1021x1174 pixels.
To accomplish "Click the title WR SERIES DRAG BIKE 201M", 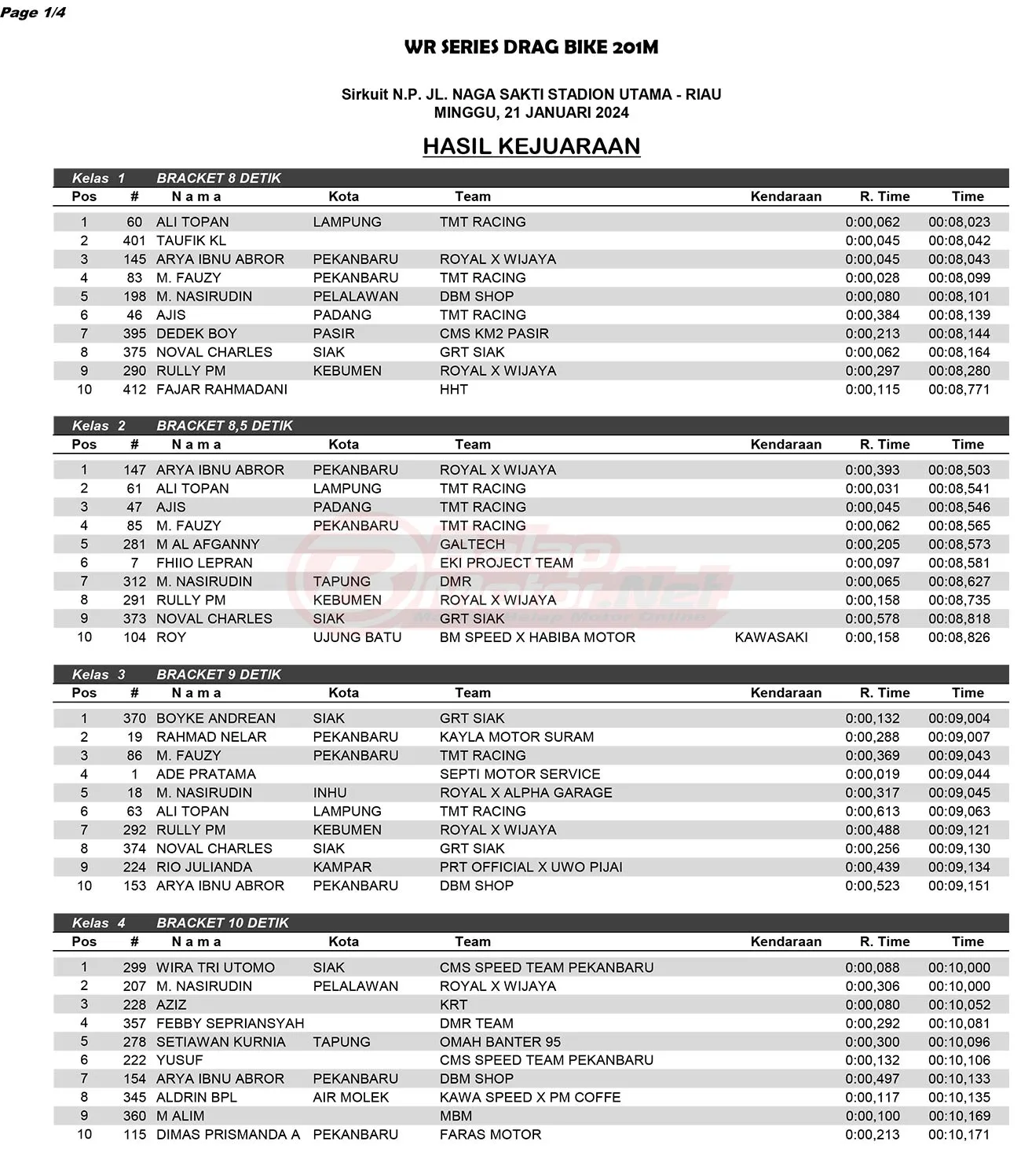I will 531,47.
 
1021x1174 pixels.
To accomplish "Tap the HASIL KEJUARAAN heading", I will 531,146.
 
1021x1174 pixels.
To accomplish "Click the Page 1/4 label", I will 33,13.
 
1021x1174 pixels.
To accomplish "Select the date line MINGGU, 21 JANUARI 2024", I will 531,112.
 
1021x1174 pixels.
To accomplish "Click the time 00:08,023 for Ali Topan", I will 959,222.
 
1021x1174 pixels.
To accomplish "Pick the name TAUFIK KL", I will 191,240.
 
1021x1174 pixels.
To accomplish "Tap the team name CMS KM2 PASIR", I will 494,334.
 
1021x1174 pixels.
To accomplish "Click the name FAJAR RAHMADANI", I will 221,390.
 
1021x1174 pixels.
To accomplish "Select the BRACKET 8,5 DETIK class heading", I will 224,426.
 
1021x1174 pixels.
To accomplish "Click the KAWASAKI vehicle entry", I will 770,637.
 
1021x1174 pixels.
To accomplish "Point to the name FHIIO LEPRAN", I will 204,563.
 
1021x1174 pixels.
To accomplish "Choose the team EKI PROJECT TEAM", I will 506,563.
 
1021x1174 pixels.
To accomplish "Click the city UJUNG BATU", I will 357,637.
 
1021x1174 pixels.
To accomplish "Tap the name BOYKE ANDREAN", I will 216,718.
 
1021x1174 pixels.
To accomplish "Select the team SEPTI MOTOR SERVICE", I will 519,774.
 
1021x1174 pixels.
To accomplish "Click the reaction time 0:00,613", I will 873,812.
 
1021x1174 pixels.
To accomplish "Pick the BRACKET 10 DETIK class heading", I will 222,923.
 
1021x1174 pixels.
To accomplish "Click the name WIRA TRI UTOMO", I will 215,967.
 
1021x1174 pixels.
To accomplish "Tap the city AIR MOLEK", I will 350,1097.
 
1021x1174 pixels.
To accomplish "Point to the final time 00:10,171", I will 959,1135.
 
